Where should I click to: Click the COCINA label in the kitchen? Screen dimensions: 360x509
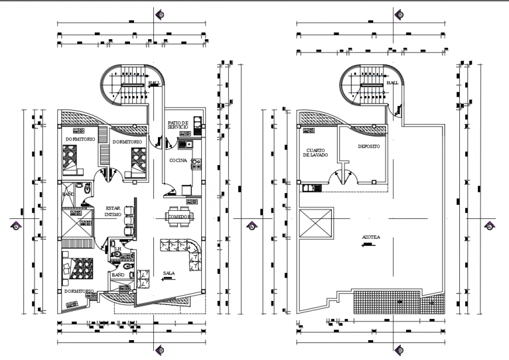tap(178, 160)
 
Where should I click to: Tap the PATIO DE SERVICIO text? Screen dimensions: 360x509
tap(177, 125)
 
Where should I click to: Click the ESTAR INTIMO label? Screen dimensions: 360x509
tap(114, 211)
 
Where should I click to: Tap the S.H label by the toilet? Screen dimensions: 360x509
tap(117, 249)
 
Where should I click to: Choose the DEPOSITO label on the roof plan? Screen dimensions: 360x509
tap(369, 146)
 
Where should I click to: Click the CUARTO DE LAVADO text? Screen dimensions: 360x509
tap(315, 152)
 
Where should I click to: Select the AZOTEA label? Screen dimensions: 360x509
tap(370, 238)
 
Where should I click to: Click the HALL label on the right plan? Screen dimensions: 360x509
tap(393, 83)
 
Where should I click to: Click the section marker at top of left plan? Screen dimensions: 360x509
tap(159, 15)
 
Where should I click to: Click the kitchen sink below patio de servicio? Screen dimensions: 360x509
tap(186, 143)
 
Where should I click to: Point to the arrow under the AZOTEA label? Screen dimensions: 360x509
tap(368, 245)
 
